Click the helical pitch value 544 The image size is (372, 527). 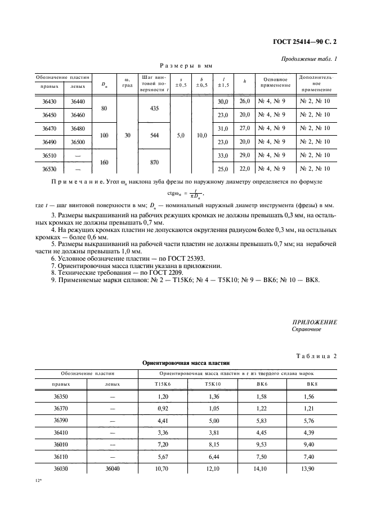tap(151, 136)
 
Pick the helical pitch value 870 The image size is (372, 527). tap(151, 162)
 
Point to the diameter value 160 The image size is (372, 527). tap(104, 162)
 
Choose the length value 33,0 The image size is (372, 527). tap(222, 155)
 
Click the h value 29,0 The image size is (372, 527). tap(245, 155)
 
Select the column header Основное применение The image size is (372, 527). tap(275, 82)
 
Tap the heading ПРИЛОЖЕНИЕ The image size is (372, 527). tap(315, 321)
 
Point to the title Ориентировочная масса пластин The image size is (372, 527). tap(186, 364)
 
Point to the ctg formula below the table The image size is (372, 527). tap(186, 194)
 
